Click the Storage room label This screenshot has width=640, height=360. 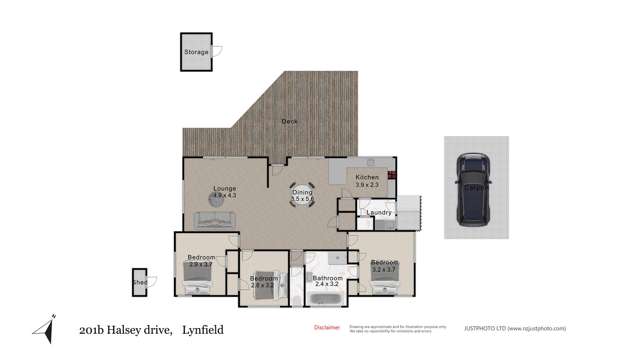[x=196, y=52]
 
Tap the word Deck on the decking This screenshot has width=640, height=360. [x=289, y=121]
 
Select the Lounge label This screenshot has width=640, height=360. [x=224, y=188]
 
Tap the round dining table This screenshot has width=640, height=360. [x=302, y=195]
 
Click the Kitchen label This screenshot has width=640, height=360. [x=367, y=177]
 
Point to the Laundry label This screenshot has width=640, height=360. [x=378, y=212]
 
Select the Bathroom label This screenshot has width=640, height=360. [x=328, y=278]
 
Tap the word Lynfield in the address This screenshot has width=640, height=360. [x=202, y=330]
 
